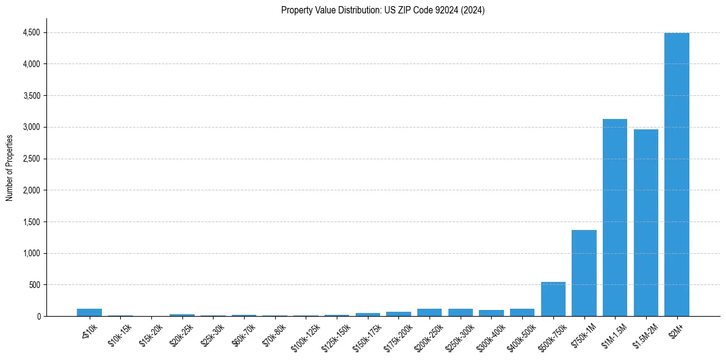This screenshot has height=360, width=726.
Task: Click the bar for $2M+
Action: [677, 175]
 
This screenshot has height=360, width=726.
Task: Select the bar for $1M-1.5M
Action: [615, 218]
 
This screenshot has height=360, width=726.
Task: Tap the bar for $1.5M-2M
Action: [645, 223]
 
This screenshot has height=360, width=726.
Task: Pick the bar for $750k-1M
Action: [584, 273]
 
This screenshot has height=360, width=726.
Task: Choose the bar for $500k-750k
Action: [553, 299]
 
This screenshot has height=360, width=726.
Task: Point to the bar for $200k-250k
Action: [429, 312]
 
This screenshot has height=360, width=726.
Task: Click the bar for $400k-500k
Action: [522, 312]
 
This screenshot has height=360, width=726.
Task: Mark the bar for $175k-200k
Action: [398, 314]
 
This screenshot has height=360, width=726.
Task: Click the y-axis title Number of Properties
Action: [10, 168]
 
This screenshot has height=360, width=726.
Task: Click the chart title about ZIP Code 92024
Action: [383, 10]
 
